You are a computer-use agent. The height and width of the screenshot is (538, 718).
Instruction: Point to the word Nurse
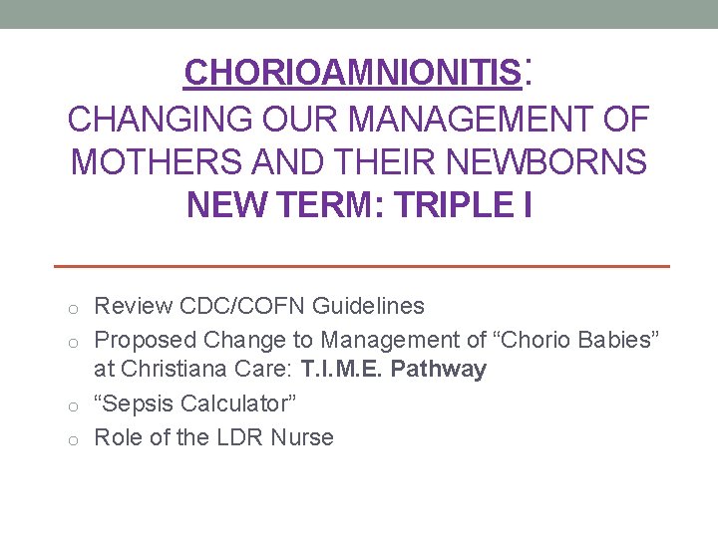pos(303,437)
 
